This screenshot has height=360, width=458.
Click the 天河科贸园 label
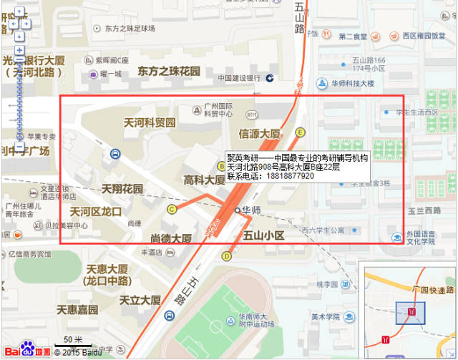(150, 122)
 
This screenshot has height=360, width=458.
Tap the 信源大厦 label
(260, 133)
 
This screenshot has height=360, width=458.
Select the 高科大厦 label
(205, 180)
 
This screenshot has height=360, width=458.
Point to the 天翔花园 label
(122, 189)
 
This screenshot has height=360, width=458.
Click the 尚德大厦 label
(171, 238)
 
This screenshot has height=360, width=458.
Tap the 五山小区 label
(264, 235)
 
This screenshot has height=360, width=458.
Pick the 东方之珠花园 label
(169, 72)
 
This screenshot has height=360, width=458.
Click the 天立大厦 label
(140, 300)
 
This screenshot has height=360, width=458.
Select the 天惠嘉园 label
(77, 310)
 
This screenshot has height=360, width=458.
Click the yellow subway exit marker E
(301, 132)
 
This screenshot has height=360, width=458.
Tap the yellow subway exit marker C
(172, 209)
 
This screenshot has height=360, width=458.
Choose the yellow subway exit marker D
(227, 256)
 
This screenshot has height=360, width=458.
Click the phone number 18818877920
(290, 176)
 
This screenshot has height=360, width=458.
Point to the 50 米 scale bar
(72, 340)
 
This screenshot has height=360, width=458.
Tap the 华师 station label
(250, 210)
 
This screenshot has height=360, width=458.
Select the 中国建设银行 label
(239, 78)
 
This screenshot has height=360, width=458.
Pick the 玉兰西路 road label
(424, 210)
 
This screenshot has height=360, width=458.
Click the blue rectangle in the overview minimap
(410, 313)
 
